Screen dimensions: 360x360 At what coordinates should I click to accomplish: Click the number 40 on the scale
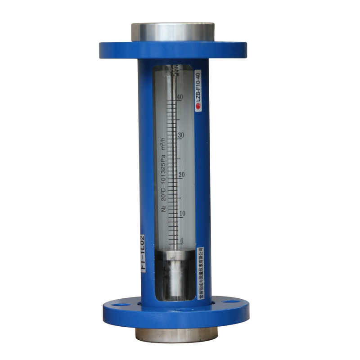pos(180,97)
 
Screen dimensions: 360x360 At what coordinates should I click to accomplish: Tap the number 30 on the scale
pos(180,135)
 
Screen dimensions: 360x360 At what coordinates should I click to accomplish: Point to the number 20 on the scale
pos(181,175)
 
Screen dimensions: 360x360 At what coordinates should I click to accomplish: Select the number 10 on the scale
pos(182,213)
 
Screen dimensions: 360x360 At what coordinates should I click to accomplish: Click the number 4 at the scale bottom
pos(182,240)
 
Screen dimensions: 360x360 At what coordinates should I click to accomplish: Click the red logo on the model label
pos(198,107)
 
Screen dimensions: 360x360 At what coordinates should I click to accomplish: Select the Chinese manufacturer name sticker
pos(200,273)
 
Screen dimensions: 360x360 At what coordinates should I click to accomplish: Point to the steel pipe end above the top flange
pos(173,32)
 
